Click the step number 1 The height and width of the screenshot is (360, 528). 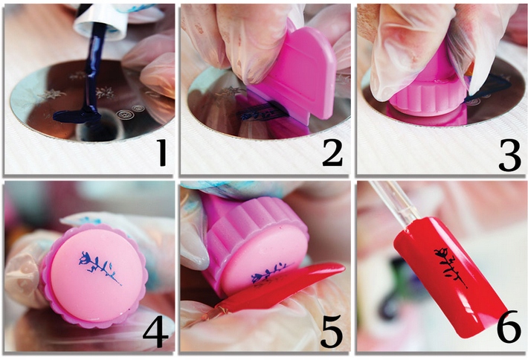click(x=163, y=152)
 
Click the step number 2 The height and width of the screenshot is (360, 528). click(x=332, y=152)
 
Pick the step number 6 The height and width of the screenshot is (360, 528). click(x=509, y=327)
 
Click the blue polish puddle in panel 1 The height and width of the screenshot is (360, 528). click(x=77, y=116)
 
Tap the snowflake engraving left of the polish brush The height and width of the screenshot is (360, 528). click(x=51, y=94)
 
